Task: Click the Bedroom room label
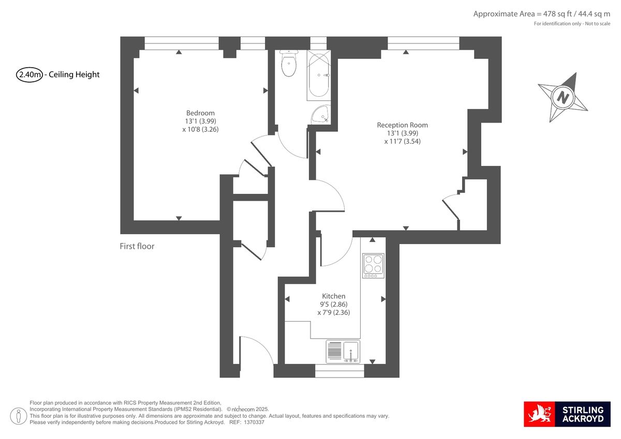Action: pos(200,113)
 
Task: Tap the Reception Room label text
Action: pos(402,125)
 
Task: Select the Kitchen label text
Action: pos(333,296)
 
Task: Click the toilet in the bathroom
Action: pos(289,63)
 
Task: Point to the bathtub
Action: pos(319,75)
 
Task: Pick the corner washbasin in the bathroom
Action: pos(321,115)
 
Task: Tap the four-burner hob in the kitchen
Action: pos(373,266)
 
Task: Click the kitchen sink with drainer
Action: pos(343,352)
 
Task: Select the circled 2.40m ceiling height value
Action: pos(29,74)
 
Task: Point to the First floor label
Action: pos(137,246)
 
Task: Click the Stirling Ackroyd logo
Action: pos(567,414)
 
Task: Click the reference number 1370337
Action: pos(254,422)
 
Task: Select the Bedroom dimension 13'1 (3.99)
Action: pos(200,122)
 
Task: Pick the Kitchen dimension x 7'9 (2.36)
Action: pos(333,312)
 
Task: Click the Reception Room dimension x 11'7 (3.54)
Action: pos(402,142)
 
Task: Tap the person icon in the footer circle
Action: pos(19,416)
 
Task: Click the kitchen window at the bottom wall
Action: pos(339,371)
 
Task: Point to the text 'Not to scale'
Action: pos(597,24)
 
